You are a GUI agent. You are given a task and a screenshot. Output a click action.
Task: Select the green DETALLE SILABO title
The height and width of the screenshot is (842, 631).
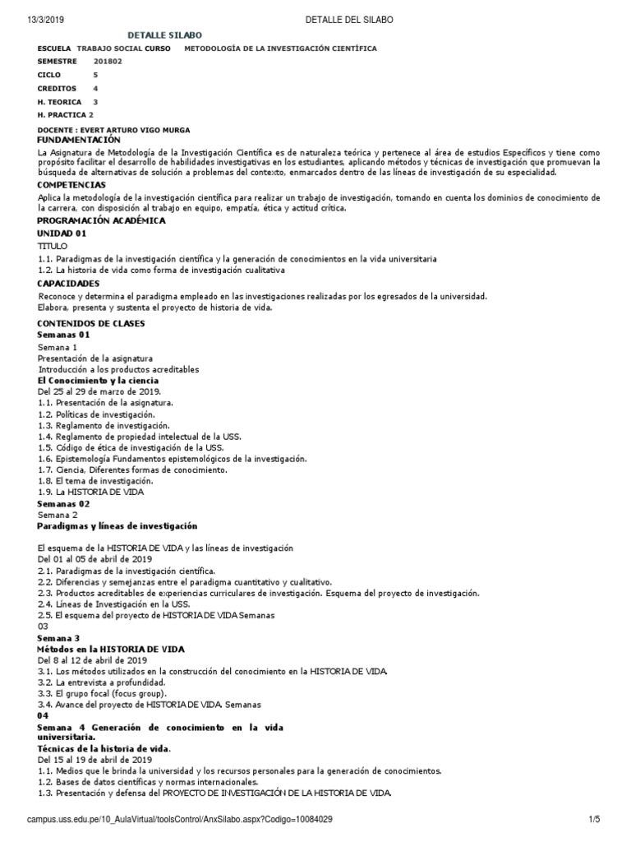164,35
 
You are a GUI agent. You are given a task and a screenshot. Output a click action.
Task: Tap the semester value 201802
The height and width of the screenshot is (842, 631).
109,61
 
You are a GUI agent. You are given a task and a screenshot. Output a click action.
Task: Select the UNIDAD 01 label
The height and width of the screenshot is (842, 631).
62,234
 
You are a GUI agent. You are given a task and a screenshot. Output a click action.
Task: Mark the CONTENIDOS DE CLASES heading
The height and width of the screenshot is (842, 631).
91,324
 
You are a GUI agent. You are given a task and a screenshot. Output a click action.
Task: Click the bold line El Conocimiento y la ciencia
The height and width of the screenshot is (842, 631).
99,381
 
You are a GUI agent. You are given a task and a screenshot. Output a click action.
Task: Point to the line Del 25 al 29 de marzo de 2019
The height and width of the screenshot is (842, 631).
99,391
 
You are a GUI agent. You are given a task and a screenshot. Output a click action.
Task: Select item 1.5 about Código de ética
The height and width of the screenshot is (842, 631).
131,447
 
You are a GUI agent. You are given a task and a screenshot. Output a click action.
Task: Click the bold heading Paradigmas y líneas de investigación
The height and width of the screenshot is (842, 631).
117,525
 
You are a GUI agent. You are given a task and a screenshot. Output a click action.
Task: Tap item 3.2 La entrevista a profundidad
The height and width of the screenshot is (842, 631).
102,682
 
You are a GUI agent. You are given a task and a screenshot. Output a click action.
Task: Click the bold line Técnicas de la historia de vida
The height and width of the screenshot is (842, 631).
104,749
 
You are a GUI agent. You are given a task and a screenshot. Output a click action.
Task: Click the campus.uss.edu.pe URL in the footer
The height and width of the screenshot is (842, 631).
180,820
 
